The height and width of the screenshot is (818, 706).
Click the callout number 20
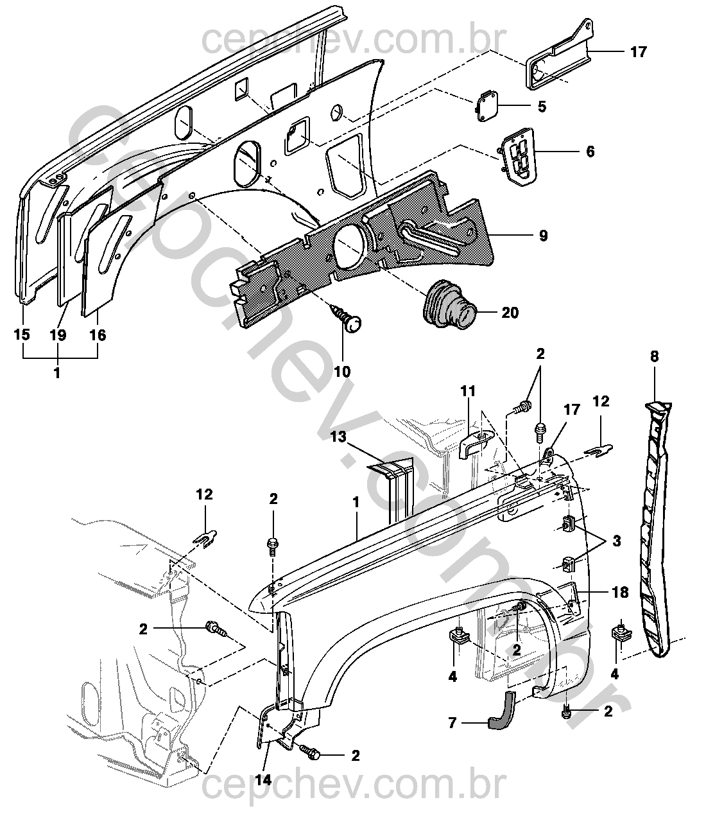pos(510,313)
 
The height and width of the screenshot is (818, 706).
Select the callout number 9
pos(543,236)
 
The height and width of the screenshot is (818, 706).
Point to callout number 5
pos(542,107)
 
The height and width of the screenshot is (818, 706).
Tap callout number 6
pos(590,152)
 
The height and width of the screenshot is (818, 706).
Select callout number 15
pos(22,335)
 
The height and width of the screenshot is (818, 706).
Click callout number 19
pos(58,335)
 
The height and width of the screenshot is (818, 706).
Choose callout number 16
pos(98,335)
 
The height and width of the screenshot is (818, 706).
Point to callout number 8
pos(655,356)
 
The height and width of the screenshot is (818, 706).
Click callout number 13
pos(339,437)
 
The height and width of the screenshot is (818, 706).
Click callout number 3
pos(617,541)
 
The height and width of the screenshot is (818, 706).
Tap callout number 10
pos(343,372)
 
